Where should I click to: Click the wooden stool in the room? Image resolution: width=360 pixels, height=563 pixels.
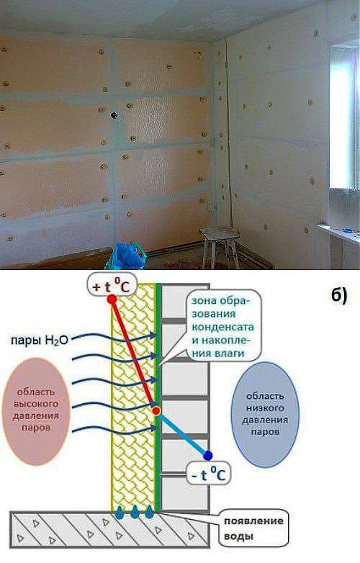pyautogui.click(x=219, y=246)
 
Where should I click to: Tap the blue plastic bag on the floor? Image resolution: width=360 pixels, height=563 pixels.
pyautogui.click(x=125, y=256)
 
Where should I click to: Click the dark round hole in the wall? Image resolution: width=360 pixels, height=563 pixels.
pyautogui.click(x=114, y=115)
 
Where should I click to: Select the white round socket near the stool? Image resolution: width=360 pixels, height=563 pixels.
pyautogui.click(x=211, y=207)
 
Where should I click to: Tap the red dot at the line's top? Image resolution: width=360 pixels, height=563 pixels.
pyautogui.click(x=112, y=299)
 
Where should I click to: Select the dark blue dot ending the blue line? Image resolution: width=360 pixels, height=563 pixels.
pyautogui.click(x=207, y=456)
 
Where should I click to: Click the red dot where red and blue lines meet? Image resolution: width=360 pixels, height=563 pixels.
pyautogui.click(x=156, y=411)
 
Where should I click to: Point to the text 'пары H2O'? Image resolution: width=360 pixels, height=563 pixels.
pyautogui.click(x=39, y=340)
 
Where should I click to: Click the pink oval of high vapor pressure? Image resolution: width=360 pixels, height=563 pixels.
pyautogui.click(x=35, y=411)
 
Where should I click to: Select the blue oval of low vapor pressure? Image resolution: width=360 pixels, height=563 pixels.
pyautogui.click(x=265, y=413)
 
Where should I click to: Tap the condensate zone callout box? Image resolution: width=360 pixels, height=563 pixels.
pyautogui.click(x=223, y=325)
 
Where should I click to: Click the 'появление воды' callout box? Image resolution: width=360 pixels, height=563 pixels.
pyautogui.click(x=253, y=528)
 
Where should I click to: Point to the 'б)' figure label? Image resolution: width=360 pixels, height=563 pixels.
pyautogui.click(x=339, y=296)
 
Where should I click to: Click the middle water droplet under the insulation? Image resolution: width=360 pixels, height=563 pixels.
pyautogui.click(x=135, y=512)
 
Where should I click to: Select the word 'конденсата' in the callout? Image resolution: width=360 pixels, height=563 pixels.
pyautogui.click(x=223, y=327)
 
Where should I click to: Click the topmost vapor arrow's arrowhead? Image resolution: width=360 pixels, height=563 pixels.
pyautogui.click(x=153, y=335)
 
